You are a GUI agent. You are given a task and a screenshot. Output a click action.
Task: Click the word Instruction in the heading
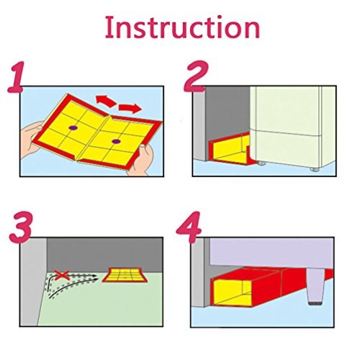(182, 27)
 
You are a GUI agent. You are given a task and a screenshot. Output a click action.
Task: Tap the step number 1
(17, 77)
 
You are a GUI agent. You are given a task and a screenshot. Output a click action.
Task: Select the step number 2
(196, 76)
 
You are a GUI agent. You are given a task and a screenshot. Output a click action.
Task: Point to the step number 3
(20, 228)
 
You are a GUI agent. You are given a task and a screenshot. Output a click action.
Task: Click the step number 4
(189, 228)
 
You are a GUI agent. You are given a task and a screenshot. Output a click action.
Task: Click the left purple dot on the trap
(72, 128)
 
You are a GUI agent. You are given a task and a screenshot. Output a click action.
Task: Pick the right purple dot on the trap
(116, 142)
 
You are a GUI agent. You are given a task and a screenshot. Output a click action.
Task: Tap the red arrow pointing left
(106, 101)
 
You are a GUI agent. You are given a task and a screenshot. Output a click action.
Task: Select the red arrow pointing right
(130, 109)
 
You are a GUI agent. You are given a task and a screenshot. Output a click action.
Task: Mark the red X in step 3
(62, 275)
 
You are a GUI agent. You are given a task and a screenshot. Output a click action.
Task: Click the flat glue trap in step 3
(125, 275)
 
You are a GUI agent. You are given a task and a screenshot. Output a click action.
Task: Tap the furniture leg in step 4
(315, 287)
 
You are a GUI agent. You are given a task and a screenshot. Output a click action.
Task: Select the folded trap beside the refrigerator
(230, 149)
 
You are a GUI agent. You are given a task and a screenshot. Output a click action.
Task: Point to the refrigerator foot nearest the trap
(261, 163)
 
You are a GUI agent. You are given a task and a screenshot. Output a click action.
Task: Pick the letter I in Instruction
(108, 27)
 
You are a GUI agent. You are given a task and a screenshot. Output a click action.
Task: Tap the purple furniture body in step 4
(271, 252)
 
